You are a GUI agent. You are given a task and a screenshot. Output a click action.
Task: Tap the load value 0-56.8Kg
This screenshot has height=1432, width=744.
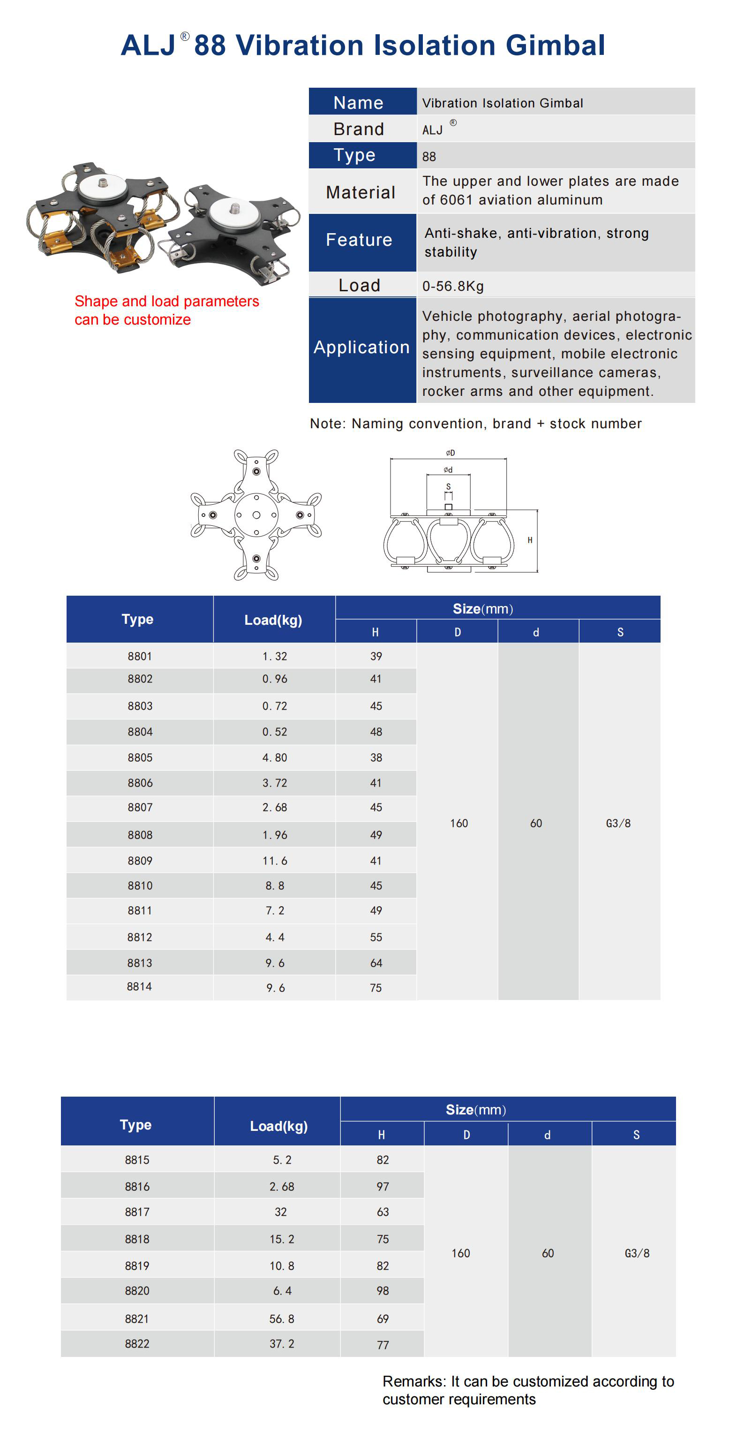(x=453, y=286)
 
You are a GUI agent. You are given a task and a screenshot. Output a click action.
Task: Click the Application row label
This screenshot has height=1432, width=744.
(x=362, y=348)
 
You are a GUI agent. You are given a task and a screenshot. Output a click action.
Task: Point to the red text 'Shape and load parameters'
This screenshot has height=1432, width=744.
(x=167, y=301)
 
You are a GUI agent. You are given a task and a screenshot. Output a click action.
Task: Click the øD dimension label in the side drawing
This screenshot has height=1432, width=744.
(x=450, y=453)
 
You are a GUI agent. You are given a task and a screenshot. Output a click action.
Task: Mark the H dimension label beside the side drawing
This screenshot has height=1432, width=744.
(x=530, y=540)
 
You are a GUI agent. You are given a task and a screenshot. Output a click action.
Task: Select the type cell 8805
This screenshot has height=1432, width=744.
(x=140, y=758)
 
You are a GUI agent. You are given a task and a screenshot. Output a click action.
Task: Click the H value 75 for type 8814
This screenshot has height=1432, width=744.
(x=376, y=988)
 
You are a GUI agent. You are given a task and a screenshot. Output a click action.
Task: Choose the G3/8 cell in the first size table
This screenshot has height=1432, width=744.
(x=618, y=823)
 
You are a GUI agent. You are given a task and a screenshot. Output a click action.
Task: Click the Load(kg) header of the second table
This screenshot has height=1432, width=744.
(x=278, y=1126)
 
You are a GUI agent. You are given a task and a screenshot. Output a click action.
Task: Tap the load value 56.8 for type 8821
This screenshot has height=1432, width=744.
(x=282, y=1318)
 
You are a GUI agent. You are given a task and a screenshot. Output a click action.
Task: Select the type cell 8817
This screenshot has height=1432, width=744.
(x=137, y=1212)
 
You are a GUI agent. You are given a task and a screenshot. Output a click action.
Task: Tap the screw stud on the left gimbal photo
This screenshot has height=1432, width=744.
(x=103, y=182)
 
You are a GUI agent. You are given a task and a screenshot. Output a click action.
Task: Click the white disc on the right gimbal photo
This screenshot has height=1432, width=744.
(x=234, y=213)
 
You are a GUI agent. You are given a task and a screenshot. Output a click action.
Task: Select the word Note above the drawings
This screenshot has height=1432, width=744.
(x=327, y=424)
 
